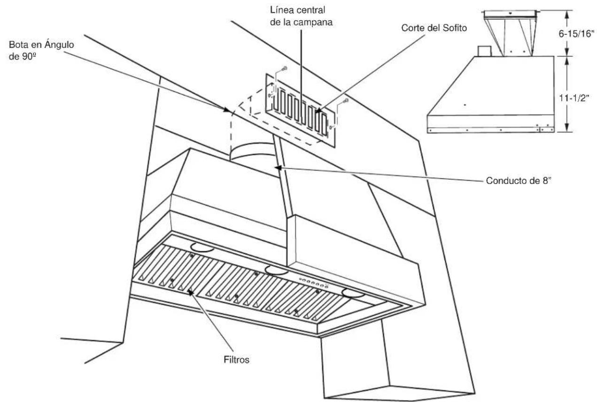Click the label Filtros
click(236, 360)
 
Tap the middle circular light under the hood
click(276, 269)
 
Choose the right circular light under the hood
click(353, 294)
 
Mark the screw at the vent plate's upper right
click(345, 100)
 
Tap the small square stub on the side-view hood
click(484, 51)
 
